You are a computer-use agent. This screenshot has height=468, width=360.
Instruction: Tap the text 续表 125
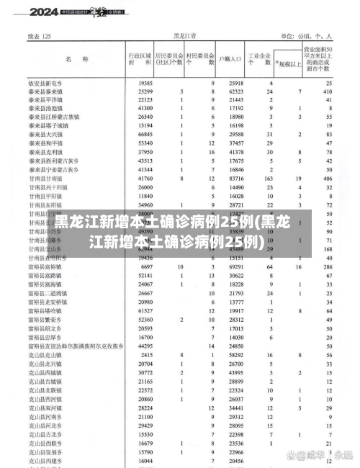pos(40,35)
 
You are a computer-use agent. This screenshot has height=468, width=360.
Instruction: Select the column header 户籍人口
pos(230,58)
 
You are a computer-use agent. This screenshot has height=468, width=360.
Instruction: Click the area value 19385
pos(145,84)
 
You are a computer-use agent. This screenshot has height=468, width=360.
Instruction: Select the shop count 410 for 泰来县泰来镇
pos(328,92)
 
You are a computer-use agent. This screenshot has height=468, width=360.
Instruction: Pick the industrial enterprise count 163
pos(268,178)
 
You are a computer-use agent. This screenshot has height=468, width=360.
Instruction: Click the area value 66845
pos(145,135)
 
